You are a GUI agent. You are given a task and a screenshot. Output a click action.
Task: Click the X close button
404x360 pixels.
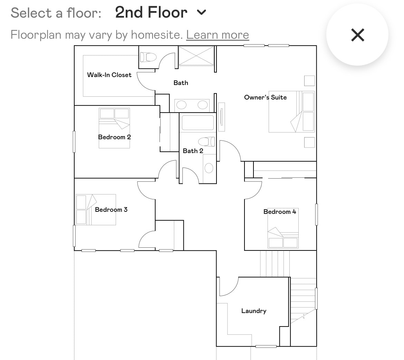tap(357, 35)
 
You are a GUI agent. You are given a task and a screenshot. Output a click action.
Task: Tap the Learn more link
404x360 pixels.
tap(218, 35)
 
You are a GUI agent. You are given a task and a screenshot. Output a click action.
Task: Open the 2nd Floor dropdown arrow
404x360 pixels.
tap(201, 13)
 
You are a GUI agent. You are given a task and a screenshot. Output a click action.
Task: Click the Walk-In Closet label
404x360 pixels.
tap(109, 75)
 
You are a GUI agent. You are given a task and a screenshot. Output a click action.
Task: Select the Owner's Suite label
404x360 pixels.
tap(265, 97)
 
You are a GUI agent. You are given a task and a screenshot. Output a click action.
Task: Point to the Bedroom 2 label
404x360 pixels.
tap(114, 137)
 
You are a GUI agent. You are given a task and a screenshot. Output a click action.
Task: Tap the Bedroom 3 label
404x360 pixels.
tap(111, 210)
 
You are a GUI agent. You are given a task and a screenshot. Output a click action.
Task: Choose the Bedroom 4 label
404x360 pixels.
tap(280, 212)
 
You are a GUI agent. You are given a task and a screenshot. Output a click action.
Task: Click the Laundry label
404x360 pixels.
tap(254, 311)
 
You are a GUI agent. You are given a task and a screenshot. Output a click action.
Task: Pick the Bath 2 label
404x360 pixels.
tap(193, 151)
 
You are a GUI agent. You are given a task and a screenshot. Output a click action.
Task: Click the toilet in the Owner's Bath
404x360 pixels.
tap(148, 57)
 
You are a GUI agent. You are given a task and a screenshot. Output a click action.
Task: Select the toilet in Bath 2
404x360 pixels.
tap(206, 141)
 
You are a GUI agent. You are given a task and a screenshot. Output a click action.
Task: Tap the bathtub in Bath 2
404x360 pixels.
tap(198, 123)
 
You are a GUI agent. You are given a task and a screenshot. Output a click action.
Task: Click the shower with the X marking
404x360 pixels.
tap(196, 56)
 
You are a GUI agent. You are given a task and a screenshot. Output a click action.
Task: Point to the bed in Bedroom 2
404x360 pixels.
tap(114, 128)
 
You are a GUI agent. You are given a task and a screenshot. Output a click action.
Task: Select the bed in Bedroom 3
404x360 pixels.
tap(96, 210)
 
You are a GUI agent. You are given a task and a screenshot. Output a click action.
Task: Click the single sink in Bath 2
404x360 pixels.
tap(209, 168)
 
